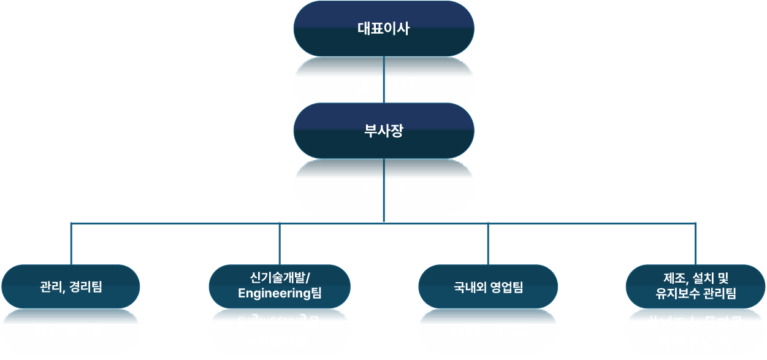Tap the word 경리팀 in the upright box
[86, 286]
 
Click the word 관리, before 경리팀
[53, 286]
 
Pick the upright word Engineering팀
[280, 293]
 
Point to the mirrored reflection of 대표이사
[384, 85]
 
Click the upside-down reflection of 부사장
[384, 188]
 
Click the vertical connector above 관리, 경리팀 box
[71, 244]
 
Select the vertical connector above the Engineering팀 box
[280, 244]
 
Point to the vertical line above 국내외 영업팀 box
[488, 244]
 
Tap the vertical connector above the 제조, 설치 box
[695, 244]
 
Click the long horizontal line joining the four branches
[184, 223]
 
